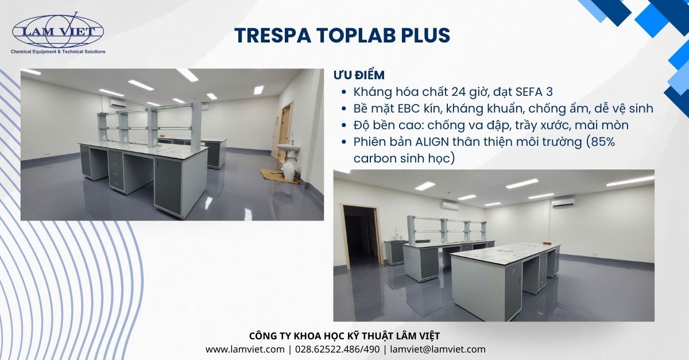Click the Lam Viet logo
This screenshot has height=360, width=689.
(x=58, y=32)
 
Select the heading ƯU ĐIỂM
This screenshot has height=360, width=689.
(x=359, y=75)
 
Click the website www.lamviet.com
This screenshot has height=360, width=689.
(x=245, y=349)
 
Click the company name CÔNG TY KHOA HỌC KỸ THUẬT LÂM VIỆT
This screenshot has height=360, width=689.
(x=344, y=336)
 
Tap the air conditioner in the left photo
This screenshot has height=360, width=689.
(x=118, y=103)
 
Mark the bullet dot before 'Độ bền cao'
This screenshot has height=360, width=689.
(x=343, y=125)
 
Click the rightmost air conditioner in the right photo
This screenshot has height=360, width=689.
(x=563, y=202)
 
